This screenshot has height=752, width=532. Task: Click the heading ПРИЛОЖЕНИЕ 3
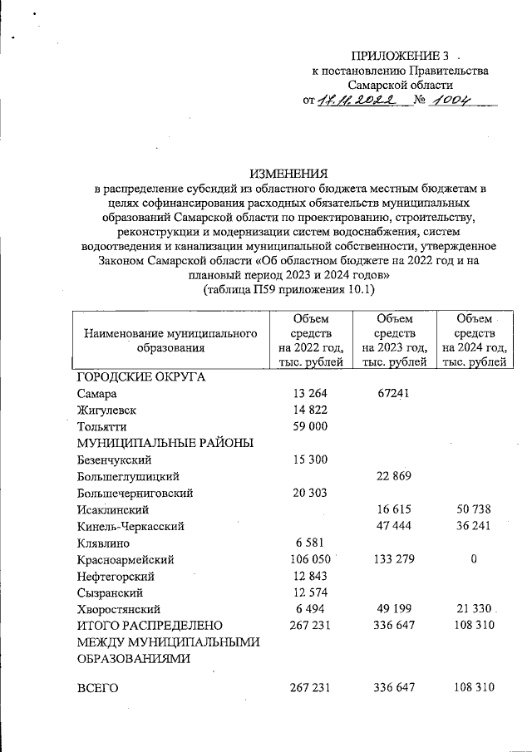(x=401, y=56)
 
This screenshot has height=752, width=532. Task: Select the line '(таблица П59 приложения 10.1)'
(x=289, y=290)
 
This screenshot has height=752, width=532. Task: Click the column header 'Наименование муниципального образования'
(x=170, y=341)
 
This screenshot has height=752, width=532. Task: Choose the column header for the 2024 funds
(x=475, y=340)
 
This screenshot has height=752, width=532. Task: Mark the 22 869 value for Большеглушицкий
(x=393, y=476)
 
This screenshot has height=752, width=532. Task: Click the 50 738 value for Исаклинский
(x=473, y=509)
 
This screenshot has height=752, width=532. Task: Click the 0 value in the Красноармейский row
(x=473, y=559)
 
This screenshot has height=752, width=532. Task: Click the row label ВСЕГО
(x=98, y=688)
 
